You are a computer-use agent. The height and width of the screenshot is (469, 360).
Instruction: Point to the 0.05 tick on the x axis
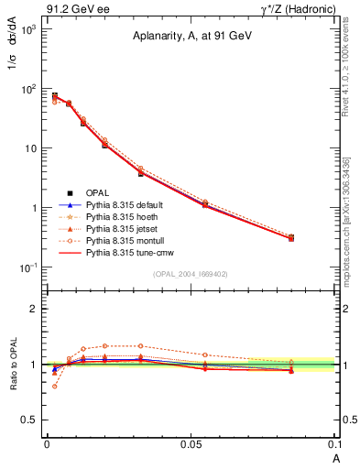pyautogui.click(x=191, y=444)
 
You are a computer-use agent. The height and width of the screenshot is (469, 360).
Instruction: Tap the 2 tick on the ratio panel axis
pyautogui.click(x=36, y=309)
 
